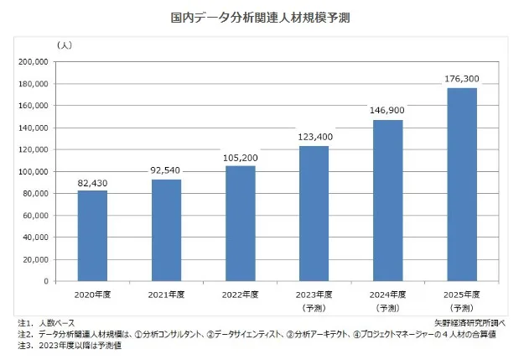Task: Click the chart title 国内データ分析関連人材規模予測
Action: (x=261, y=16)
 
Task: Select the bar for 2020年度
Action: (x=92, y=236)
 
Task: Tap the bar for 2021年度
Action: (x=166, y=230)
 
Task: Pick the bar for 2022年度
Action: (x=240, y=223)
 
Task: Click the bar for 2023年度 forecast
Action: (x=314, y=213)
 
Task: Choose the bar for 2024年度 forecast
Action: (x=388, y=201)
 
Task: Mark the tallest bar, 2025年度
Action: (x=462, y=185)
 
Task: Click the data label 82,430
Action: (x=92, y=182)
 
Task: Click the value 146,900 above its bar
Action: (x=388, y=111)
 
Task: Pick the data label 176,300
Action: (x=462, y=79)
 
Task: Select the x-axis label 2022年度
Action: (x=240, y=294)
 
